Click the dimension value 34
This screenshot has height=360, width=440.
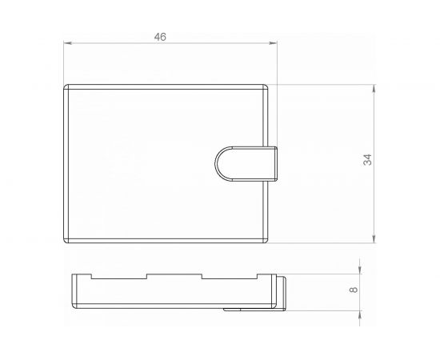(367, 162)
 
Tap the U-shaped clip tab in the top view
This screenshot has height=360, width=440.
(248, 163)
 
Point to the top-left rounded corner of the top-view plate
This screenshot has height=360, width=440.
(66, 86)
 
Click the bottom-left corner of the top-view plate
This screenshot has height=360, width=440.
(66, 239)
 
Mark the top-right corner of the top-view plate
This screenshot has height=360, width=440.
(266, 86)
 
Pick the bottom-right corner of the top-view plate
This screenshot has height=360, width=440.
(266, 239)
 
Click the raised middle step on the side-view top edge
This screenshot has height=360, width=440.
(174, 277)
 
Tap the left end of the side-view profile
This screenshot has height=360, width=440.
(74, 291)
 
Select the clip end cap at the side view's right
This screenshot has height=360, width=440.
(282, 293)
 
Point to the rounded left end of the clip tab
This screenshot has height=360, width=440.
(218, 163)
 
